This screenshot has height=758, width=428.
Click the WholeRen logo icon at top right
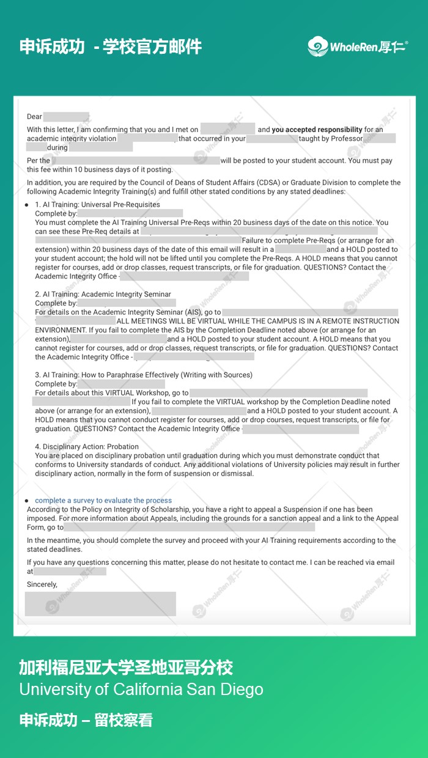(x=317, y=46)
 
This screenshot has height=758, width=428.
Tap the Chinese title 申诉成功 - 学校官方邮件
(x=110, y=46)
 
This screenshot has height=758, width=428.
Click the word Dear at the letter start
(x=34, y=117)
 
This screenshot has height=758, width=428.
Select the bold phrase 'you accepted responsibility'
(x=317, y=130)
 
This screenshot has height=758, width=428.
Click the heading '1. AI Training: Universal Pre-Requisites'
(x=97, y=205)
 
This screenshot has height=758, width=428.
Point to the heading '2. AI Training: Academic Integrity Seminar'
(x=103, y=295)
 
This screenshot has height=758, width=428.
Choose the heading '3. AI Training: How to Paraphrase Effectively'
(x=143, y=375)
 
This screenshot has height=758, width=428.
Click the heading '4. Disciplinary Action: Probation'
(x=87, y=447)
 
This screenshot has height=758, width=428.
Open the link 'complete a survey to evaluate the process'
(x=103, y=501)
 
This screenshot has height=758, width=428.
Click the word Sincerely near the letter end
(x=42, y=584)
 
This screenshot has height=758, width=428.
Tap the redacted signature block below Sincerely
(x=100, y=603)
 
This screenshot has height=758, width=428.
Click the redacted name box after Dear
(x=66, y=117)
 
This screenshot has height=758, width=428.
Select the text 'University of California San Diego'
(x=141, y=690)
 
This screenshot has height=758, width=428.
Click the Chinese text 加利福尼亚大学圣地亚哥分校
(x=126, y=667)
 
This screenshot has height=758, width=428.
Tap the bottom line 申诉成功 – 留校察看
(x=86, y=720)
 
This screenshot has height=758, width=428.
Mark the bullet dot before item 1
(x=26, y=205)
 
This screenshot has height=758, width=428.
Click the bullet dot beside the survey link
(x=26, y=501)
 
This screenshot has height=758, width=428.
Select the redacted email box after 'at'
(x=70, y=572)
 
